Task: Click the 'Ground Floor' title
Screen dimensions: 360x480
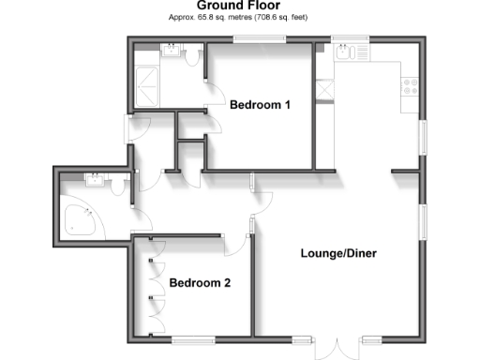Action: click(x=241, y=6)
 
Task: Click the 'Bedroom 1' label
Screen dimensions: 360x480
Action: click(x=260, y=105)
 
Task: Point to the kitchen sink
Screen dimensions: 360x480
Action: click(x=344, y=54)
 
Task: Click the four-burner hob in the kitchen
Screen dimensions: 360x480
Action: click(x=411, y=86)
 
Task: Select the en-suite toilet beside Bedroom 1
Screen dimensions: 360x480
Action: click(x=193, y=58)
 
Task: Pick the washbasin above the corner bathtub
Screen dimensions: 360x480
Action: click(x=97, y=180)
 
